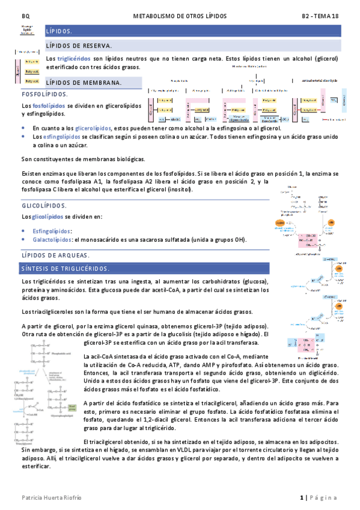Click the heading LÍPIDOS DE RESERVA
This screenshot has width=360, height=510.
[79, 46]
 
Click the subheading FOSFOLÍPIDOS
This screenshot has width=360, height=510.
[44, 94]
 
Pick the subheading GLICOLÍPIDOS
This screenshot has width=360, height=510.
[44, 206]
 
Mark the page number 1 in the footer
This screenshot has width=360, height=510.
[302, 497]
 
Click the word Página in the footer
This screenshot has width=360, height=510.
[325, 497]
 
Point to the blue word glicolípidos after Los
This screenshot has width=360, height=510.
[47, 217]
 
